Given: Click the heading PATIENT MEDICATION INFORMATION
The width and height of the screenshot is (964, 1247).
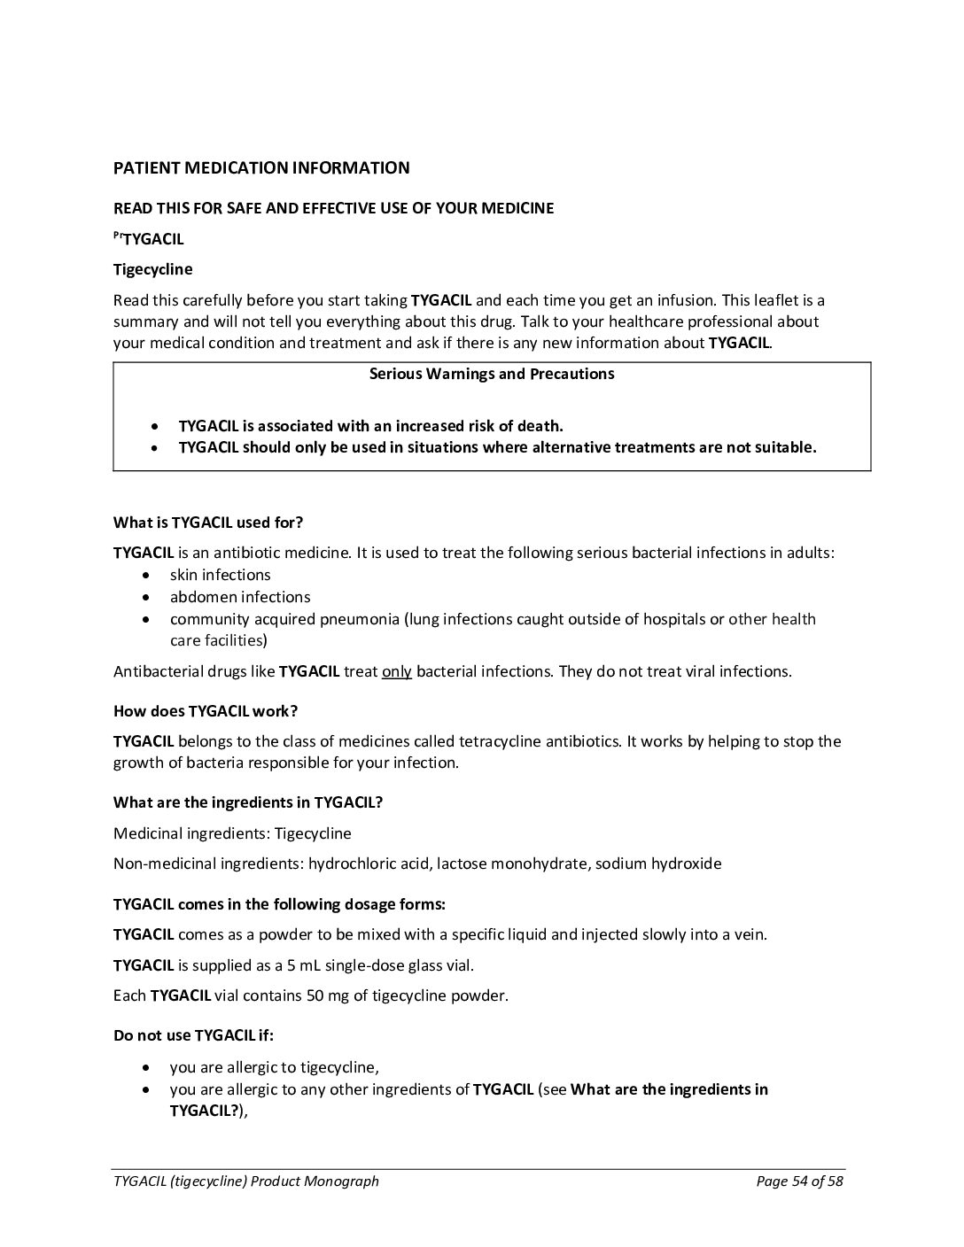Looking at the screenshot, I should [261, 168].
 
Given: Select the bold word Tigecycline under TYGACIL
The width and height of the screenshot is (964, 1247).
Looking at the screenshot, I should [152, 269].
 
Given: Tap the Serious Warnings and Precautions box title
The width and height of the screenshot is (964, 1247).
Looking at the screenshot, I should [492, 374].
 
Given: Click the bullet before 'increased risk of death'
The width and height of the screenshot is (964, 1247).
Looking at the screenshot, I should [156, 427].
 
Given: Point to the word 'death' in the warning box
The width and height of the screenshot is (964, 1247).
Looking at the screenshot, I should [540, 426].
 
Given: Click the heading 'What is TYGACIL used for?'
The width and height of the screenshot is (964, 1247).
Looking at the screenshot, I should [208, 523].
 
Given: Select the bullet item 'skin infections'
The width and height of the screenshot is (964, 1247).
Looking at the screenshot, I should [220, 575].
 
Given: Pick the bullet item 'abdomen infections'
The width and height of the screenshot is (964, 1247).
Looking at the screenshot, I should [240, 597].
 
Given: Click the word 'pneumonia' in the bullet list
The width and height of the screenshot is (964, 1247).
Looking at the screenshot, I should [359, 619].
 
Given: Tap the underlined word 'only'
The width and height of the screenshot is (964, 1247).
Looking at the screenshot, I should [397, 671].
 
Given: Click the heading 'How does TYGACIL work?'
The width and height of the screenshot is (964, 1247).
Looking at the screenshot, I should [206, 711].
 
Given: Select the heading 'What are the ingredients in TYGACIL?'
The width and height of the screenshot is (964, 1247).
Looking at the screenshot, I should [248, 803].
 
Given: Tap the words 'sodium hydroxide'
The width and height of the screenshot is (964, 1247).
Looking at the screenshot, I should [658, 864].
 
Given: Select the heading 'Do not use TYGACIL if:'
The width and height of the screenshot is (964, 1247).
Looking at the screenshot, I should [193, 1035].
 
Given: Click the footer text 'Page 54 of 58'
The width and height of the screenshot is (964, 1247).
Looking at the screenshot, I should [799, 1181].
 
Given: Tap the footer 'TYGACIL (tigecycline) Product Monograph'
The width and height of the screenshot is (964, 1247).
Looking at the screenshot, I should [246, 1181].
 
